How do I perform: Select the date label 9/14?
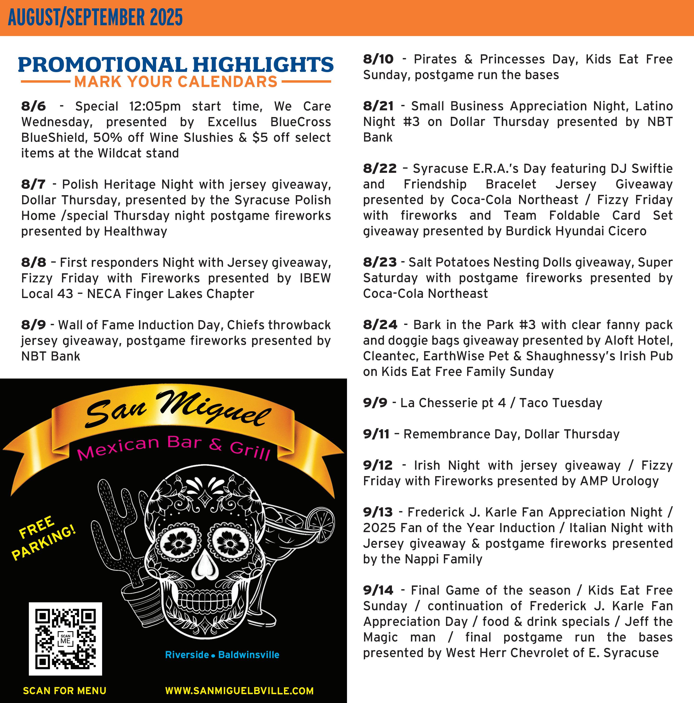point(378,590)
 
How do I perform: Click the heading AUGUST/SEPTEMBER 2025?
point(95,18)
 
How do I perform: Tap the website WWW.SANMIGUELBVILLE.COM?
point(239,691)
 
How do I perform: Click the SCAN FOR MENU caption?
point(65,691)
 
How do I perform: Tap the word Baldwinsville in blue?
point(249,655)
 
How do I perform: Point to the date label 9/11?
point(376,434)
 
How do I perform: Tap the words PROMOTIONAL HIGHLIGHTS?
point(176,64)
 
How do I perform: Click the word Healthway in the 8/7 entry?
point(136,231)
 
